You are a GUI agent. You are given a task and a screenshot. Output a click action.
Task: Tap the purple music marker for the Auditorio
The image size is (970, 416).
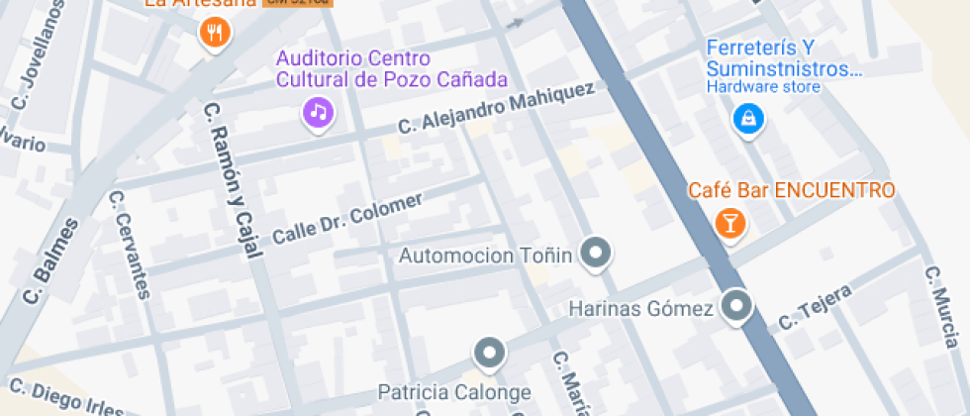click(x=318, y=111)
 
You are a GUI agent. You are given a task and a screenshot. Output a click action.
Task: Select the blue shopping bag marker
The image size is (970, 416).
click(x=748, y=119)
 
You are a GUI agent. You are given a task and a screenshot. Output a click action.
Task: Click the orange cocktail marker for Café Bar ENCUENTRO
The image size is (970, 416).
click(x=729, y=223)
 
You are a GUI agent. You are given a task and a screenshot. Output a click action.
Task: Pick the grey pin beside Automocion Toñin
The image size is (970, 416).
click(x=595, y=255)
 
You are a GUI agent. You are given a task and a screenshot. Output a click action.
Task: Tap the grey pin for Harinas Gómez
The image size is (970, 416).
click(x=735, y=307)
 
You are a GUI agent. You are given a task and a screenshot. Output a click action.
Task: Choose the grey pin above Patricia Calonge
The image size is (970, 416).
click(x=489, y=353)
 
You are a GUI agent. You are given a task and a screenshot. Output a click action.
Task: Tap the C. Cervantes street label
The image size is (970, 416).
click(x=130, y=244)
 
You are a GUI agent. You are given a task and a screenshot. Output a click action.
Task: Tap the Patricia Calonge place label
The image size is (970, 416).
click(x=454, y=392)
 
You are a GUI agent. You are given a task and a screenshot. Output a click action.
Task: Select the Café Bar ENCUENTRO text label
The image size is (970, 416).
click(x=791, y=190)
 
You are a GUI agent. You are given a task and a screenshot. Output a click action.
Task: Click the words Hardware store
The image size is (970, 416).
click(x=762, y=87)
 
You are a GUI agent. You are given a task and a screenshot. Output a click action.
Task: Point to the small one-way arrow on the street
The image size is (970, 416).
click(x=514, y=23)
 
